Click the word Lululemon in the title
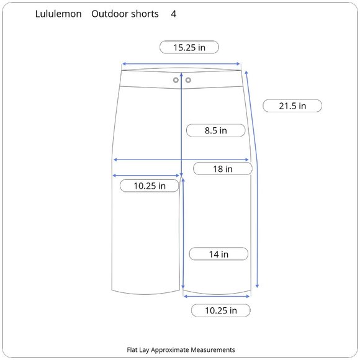pyautogui.click(x=58, y=14)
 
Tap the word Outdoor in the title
pyautogui.click(x=110, y=14)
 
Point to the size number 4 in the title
pyautogui.click(x=174, y=14)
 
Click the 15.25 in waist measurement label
pyautogui.click(x=189, y=47)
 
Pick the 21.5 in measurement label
pyautogui.click(x=292, y=106)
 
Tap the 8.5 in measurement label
pyautogui.click(x=216, y=130)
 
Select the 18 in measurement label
pyautogui.click(x=223, y=169)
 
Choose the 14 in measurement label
pyautogui.click(x=218, y=254)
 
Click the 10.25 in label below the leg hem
pyautogui.click(x=221, y=310)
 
